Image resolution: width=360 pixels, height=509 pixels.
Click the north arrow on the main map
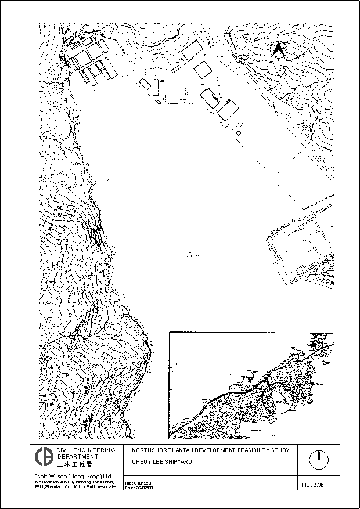point(279,50)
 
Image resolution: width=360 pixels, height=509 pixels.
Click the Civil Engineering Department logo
point(43,457)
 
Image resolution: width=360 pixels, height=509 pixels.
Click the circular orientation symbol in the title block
point(318,459)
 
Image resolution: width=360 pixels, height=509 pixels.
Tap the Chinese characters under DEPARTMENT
point(74,465)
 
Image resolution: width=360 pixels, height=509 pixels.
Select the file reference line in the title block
point(139,482)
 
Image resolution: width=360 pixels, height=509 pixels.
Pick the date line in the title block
point(139,488)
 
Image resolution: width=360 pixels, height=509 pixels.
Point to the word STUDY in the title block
point(286,450)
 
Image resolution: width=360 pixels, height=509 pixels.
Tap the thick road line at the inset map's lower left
point(192,421)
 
